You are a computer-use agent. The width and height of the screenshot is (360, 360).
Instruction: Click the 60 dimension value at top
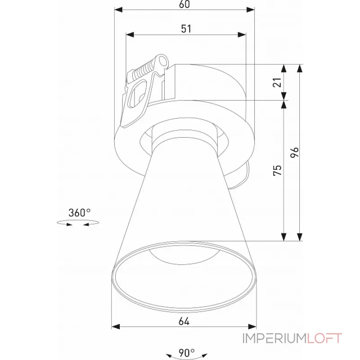[x=184, y=4]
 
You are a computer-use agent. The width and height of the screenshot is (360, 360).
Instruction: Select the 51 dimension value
[x=186, y=29]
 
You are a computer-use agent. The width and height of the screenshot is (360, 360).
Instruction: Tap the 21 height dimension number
[x=277, y=82]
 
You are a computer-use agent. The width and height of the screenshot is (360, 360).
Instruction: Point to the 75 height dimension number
[x=277, y=170]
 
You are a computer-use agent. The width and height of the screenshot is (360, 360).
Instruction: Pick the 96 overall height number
[x=295, y=153]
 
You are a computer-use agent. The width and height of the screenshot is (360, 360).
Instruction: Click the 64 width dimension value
[x=184, y=321]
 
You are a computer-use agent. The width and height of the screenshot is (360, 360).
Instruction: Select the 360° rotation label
[x=80, y=213]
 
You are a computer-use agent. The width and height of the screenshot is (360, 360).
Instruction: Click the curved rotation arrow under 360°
[x=77, y=223]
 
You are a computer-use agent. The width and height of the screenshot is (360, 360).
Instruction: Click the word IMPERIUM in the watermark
[x=274, y=338]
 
